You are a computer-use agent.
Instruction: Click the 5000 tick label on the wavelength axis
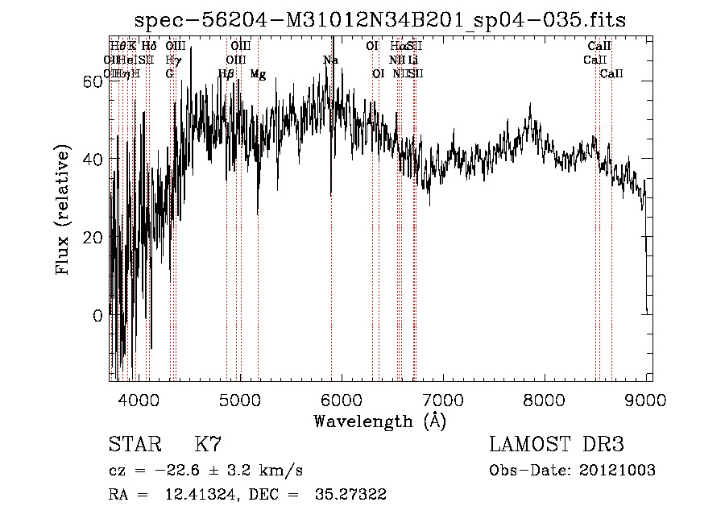240,400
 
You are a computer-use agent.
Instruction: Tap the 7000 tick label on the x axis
444,400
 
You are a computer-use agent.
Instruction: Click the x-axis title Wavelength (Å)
379,421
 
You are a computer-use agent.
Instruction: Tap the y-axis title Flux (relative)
63,209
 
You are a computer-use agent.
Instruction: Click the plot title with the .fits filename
380,19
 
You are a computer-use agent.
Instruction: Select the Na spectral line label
330,60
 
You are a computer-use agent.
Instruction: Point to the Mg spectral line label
258,74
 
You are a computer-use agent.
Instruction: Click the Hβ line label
226,74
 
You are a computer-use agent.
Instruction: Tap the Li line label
413,60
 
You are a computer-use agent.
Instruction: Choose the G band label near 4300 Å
170,74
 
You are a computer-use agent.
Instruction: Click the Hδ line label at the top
149,47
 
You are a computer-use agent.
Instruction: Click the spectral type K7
208,445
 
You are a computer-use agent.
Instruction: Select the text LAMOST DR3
556,445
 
